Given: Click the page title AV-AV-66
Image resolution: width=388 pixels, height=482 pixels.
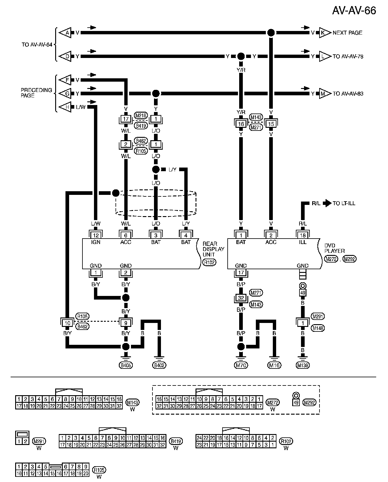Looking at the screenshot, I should (354, 10).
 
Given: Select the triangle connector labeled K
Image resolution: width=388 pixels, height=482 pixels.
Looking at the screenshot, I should (323, 33).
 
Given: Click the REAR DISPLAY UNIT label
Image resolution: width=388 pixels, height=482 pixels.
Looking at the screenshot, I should (213, 249).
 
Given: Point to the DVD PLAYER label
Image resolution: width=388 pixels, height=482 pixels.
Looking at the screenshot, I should (334, 248).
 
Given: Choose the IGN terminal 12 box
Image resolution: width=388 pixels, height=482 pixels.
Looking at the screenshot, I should (96, 235).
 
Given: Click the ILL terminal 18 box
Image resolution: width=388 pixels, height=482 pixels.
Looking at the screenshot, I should (303, 235).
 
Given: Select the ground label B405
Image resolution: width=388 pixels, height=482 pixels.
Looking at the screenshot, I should (126, 365).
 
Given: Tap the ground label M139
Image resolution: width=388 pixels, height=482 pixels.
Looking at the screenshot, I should (303, 365).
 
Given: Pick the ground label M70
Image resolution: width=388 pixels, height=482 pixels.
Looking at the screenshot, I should (241, 365).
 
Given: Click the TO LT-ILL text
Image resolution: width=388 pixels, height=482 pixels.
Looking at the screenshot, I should (344, 203).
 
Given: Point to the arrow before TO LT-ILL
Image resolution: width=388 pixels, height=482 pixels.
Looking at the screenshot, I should (327, 203).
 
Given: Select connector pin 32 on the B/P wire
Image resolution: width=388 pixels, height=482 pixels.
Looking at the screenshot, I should (241, 298).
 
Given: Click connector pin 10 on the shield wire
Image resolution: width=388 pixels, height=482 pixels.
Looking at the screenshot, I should (67, 323).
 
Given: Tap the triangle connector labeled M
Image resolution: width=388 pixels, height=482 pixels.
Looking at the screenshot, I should (323, 94).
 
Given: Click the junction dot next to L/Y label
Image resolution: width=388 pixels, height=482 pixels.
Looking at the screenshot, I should (156, 169).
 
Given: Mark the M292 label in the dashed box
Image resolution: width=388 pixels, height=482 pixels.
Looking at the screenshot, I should (309, 402).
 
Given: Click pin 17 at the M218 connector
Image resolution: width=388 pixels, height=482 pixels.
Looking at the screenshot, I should (126, 119).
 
